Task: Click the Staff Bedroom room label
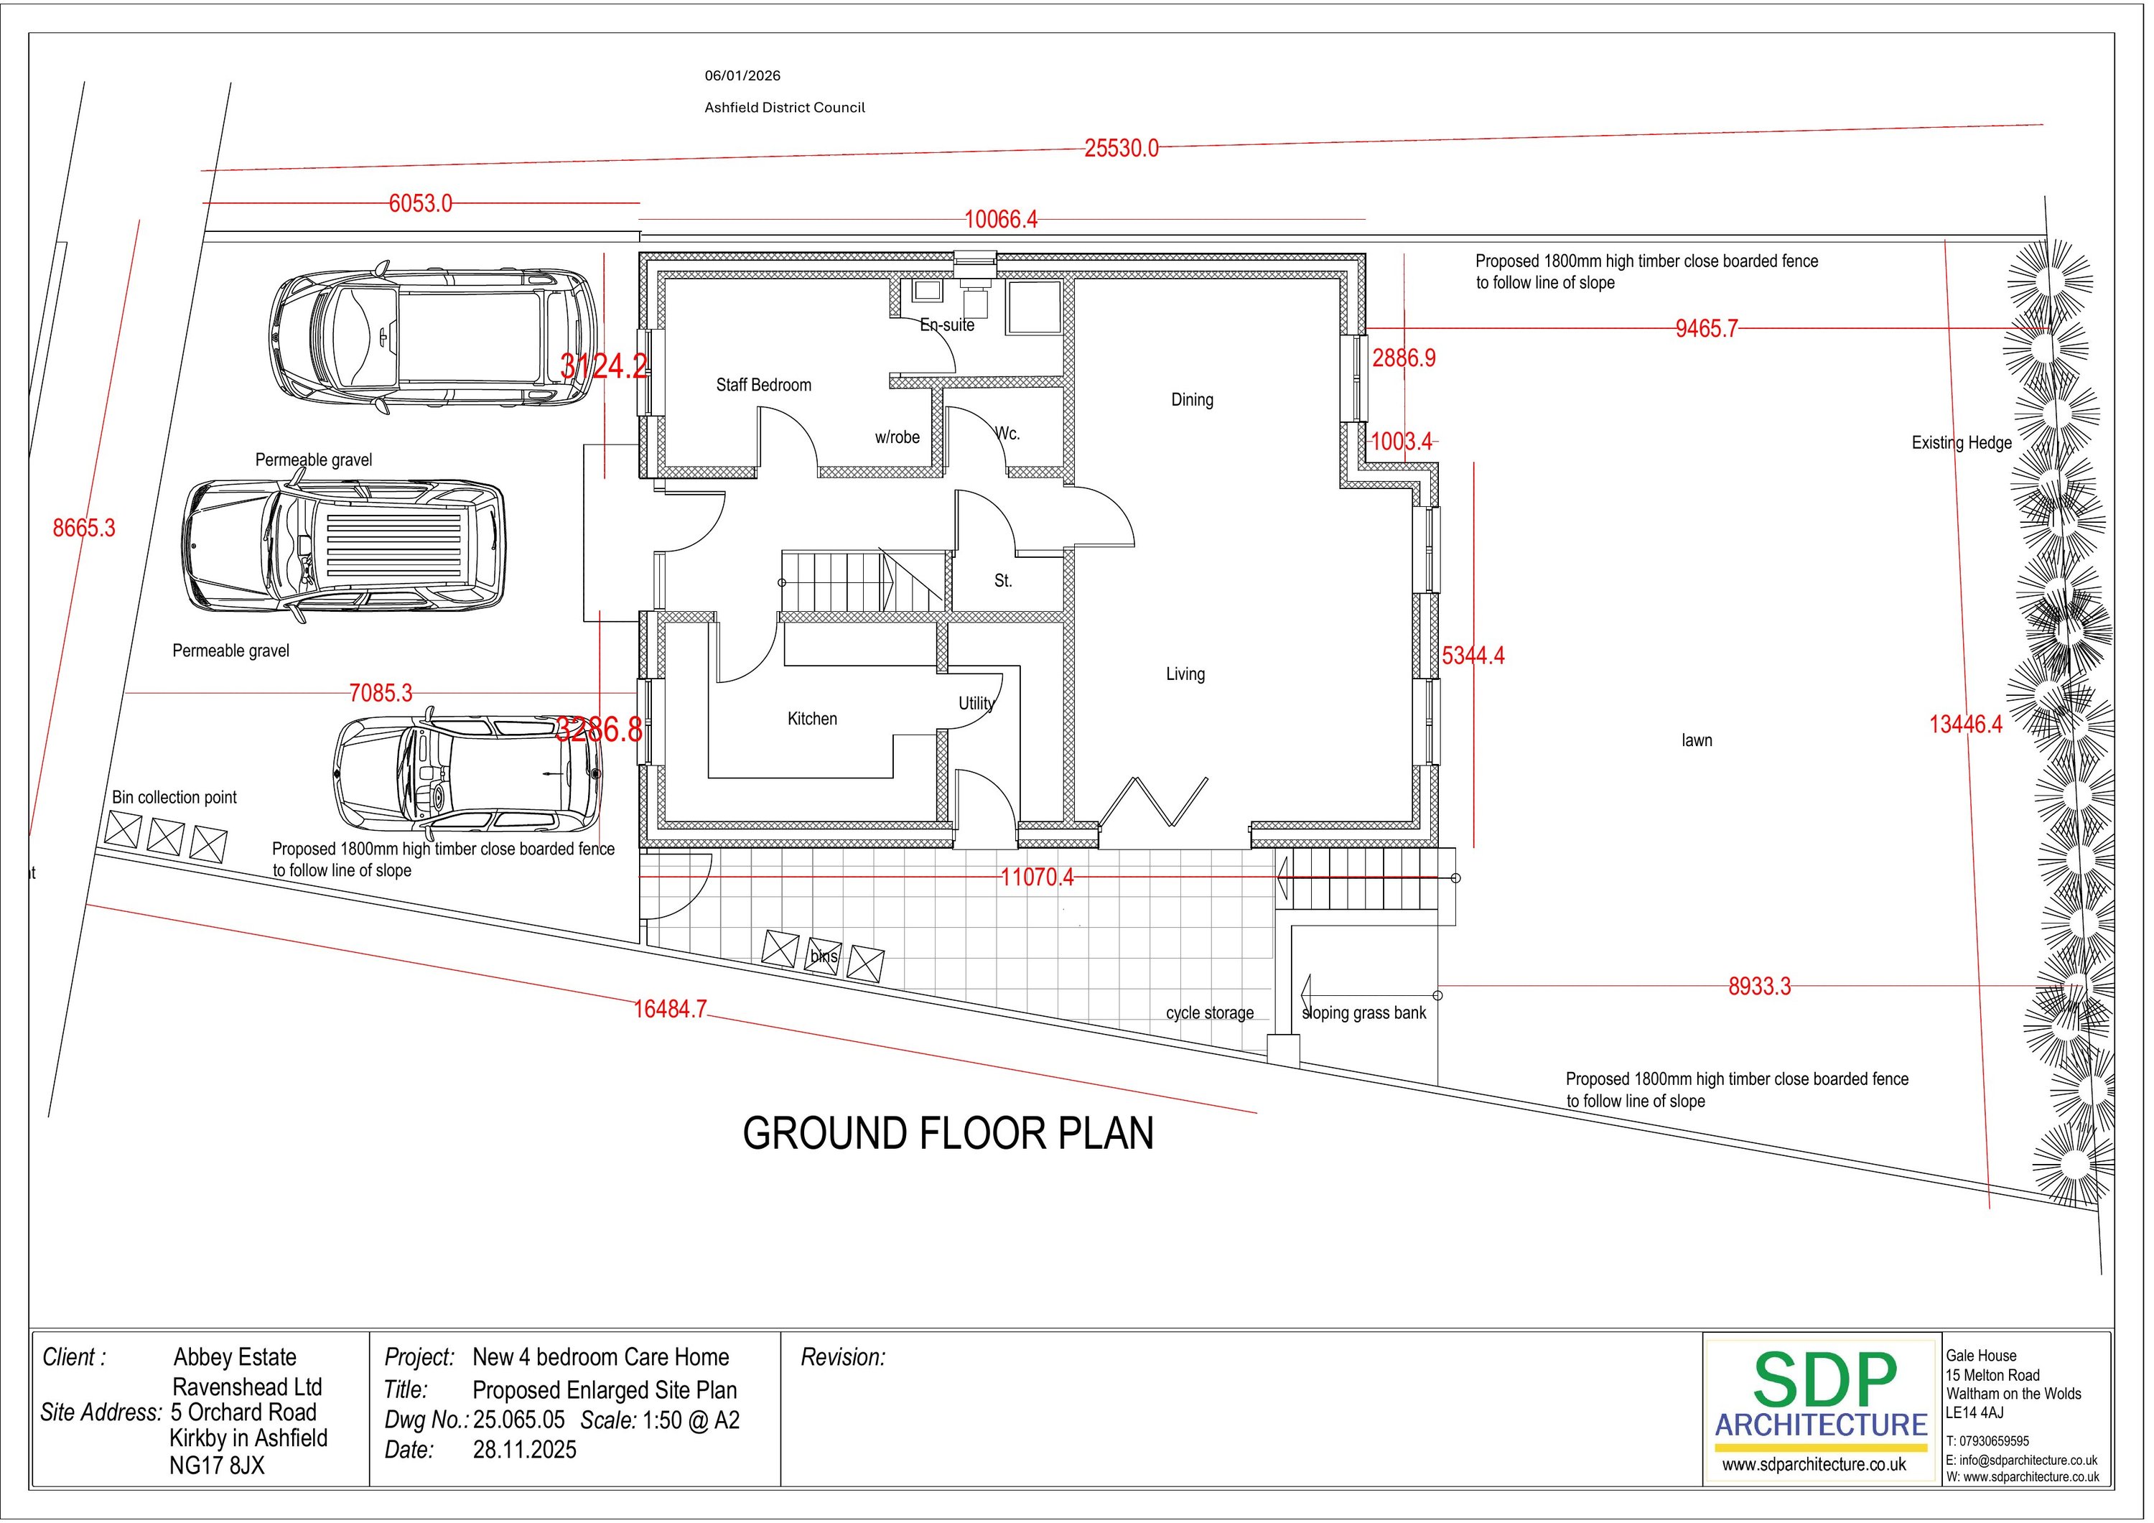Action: tap(764, 385)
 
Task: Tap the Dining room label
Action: tap(1193, 400)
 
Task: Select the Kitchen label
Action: tap(813, 719)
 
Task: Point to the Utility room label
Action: tap(976, 704)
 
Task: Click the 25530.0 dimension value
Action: tap(1121, 148)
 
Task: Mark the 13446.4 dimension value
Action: tap(1965, 725)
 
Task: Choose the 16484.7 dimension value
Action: tap(670, 1009)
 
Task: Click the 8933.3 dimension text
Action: tap(1760, 986)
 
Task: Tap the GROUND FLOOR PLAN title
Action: tap(948, 1134)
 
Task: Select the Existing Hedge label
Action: tap(1962, 443)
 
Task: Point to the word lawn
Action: tap(1697, 740)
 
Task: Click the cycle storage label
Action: tap(1211, 1013)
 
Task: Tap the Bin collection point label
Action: tap(174, 798)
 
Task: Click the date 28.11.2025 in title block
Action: tap(524, 1450)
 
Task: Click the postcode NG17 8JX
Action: tap(217, 1465)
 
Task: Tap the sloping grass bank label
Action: tap(1364, 1013)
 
